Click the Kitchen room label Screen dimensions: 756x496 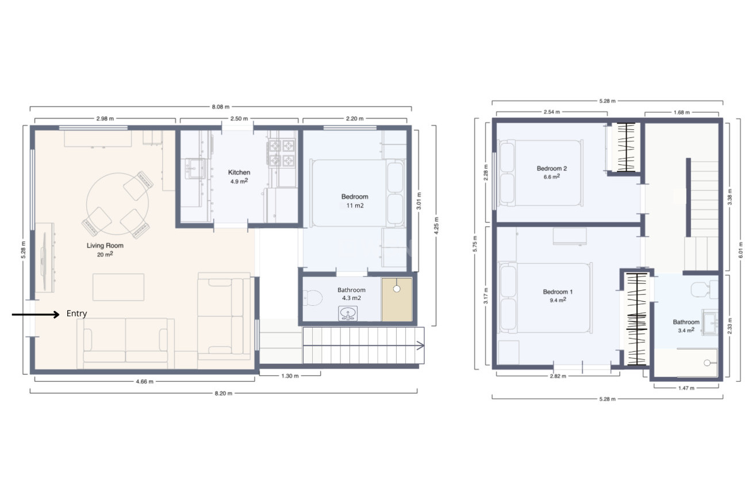pyautogui.click(x=239, y=172)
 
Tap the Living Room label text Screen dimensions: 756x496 pyautogui.click(x=105, y=245)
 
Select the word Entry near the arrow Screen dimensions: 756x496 pyautogui.click(x=76, y=313)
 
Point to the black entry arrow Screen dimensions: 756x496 pyautogui.click(x=36, y=315)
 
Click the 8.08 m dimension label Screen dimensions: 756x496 pyautogui.click(x=220, y=107)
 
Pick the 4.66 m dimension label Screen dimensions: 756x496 pyautogui.click(x=144, y=382)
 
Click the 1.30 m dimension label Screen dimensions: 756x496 pyautogui.click(x=290, y=376)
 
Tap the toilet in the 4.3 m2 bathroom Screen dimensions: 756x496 pyautogui.click(x=313, y=298)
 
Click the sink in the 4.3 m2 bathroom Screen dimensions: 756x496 pyautogui.click(x=348, y=313)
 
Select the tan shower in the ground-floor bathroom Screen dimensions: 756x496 pyautogui.click(x=397, y=299)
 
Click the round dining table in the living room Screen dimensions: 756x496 pyautogui.click(x=117, y=204)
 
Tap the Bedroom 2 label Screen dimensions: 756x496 pyautogui.click(x=552, y=168)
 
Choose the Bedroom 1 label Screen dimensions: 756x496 pyautogui.click(x=558, y=292)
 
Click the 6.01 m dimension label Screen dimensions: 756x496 pyautogui.click(x=741, y=250)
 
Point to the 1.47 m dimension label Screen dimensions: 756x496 pyautogui.click(x=686, y=388)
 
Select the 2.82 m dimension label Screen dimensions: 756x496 pyautogui.click(x=558, y=376)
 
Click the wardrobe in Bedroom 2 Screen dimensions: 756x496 pyautogui.click(x=626, y=147)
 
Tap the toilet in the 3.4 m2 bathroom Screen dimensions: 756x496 pyautogui.click(x=704, y=289)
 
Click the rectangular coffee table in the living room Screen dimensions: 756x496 pyautogui.click(x=118, y=287)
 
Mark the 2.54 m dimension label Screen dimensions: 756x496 pyautogui.click(x=552, y=112)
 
